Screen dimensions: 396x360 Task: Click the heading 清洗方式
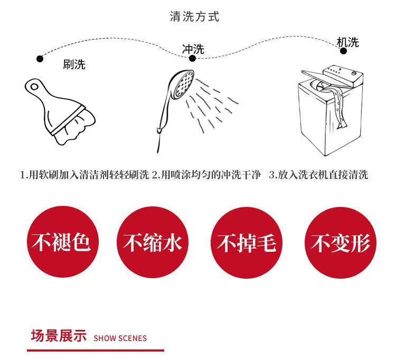coord(194,17)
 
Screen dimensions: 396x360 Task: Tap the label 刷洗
coord(74,64)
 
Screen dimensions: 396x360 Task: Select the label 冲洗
coord(193,49)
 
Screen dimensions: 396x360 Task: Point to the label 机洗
coord(348,42)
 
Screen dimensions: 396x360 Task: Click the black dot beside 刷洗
coord(40,59)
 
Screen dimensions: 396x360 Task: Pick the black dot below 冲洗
coord(192,59)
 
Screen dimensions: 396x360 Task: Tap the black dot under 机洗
coord(344,51)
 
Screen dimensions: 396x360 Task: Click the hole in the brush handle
coord(34,87)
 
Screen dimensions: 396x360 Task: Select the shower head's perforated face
coord(184,82)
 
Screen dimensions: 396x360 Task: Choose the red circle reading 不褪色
coord(63,242)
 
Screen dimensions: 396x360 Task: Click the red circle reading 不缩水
coord(153,242)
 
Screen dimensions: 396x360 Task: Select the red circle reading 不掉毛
coord(247,242)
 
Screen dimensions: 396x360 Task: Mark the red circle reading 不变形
coord(341,242)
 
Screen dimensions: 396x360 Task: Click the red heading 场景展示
coord(59,336)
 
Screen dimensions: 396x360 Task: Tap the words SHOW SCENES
coord(120,338)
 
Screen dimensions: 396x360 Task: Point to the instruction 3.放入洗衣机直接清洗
coord(318,175)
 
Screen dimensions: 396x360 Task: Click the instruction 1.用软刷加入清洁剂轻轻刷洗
coord(84,175)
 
